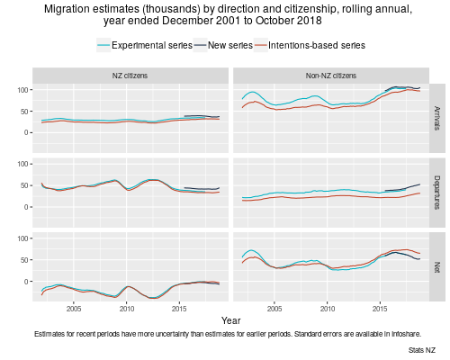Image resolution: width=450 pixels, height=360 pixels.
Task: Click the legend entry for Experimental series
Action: tap(148, 44)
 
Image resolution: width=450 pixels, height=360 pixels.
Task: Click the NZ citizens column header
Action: tap(130, 76)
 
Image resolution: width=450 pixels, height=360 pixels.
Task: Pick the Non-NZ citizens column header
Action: tap(331, 76)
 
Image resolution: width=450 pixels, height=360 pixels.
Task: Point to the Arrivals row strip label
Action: tap(438, 115)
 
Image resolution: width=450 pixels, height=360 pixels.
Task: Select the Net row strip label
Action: tap(438, 266)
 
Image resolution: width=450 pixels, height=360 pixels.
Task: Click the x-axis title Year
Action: tap(230, 320)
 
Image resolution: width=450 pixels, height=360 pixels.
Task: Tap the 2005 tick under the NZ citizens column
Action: tap(74, 308)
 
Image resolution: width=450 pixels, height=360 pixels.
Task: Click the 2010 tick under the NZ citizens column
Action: tap(127, 308)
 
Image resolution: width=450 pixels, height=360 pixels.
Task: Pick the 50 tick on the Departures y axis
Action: tap(23, 186)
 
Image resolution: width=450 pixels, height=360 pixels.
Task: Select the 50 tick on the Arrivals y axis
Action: tap(23, 111)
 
